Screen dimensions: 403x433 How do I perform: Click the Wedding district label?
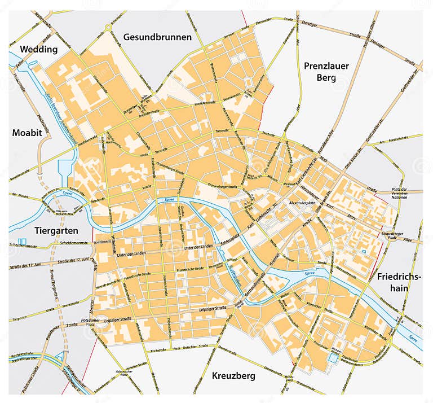[x=39, y=49]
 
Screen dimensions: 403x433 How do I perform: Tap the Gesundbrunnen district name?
[x=157, y=37]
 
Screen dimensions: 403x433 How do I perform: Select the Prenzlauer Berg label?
[x=326, y=72]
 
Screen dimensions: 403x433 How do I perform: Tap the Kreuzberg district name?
[x=234, y=375]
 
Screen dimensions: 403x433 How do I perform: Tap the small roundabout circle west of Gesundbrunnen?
[x=108, y=27]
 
